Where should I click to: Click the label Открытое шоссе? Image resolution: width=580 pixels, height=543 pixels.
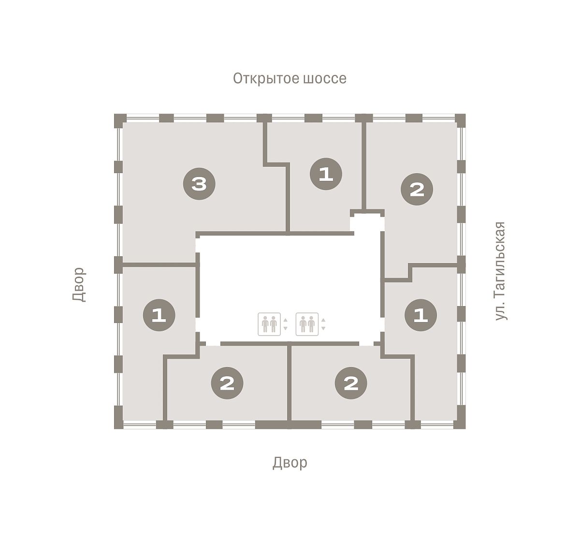[290, 78]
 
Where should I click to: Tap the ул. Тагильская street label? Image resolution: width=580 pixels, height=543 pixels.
[500, 271]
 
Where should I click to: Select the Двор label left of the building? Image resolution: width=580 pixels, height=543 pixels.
[79, 284]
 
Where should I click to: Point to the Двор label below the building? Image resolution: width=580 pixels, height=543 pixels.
[290, 463]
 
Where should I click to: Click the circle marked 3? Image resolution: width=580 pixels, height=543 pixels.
[199, 184]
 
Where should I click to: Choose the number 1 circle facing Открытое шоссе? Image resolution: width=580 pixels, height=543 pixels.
[326, 174]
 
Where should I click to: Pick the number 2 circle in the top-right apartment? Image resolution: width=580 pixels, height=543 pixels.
[417, 190]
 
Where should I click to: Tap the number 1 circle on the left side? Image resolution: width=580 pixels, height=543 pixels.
[159, 315]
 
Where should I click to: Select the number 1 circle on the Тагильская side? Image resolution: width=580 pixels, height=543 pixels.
[421, 315]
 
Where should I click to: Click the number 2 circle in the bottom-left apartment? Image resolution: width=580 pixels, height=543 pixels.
[227, 383]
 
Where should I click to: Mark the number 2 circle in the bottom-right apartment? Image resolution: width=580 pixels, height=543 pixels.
[351, 383]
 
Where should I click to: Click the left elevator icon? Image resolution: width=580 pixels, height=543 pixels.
[269, 324]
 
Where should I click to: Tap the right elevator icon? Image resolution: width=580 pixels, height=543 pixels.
[307, 324]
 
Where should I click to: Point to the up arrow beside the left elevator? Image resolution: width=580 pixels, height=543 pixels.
[285, 320]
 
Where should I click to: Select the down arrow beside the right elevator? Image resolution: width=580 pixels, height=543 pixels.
[323, 328]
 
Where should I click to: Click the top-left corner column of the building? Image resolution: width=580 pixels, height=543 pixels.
[119, 120]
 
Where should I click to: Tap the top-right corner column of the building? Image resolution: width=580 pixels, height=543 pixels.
[460, 120]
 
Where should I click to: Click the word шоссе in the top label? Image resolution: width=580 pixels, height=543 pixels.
[324, 79]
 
